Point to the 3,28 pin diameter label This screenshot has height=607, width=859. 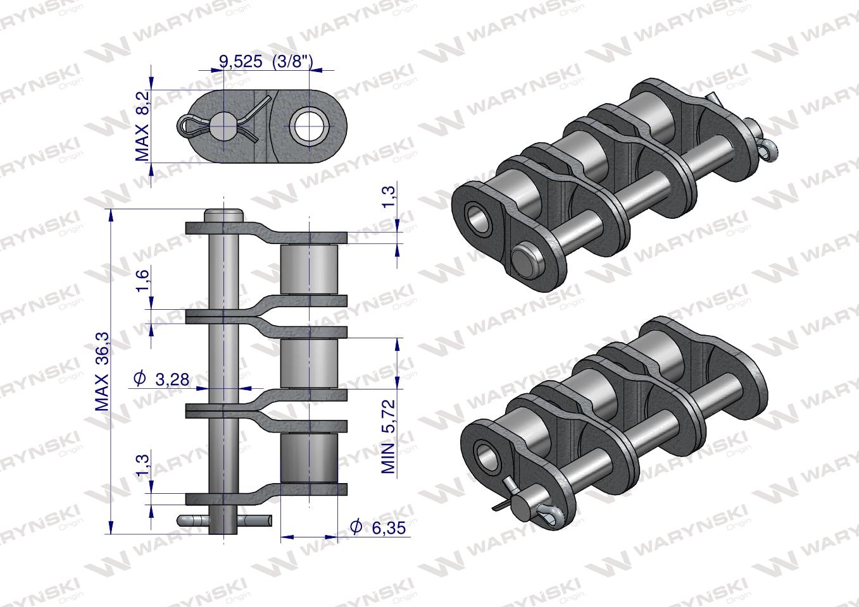pyautogui.click(x=172, y=379)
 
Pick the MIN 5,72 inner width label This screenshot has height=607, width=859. pyautogui.click(x=388, y=436)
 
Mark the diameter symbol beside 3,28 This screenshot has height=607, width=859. pyautogui.click(x=140, y=379)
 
